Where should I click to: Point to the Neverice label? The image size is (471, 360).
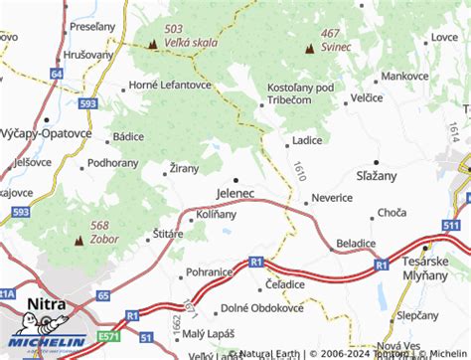pos(332,198)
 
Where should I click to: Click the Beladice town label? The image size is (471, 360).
pos(356,243)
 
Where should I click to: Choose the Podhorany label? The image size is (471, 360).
pos(112,162)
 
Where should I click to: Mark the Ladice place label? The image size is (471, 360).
pos(307,140)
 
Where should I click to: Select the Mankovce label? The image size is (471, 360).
pos(404,76)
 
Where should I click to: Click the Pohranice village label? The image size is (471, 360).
pos(209,270)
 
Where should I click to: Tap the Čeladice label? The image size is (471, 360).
pos(284,284)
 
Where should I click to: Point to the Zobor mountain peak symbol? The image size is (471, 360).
pos(78,240)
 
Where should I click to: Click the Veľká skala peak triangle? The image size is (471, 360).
pos(152,45)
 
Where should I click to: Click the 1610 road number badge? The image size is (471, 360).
pos(298,171)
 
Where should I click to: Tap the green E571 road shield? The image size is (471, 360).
pos(105,341)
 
